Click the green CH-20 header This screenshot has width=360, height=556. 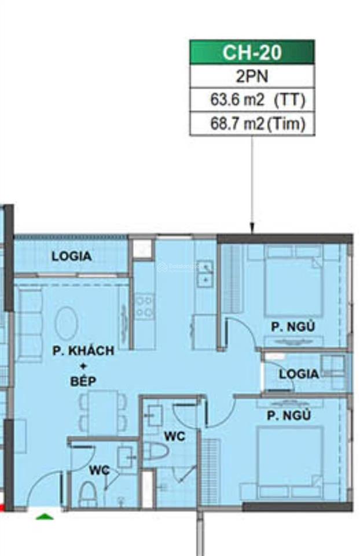point(252,52)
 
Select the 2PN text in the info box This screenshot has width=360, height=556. point(252,76)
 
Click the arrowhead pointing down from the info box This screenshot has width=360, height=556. point(252,229)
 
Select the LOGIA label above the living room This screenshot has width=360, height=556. point(71,256)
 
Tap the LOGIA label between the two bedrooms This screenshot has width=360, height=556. point(299,374)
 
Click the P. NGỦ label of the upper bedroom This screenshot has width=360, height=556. point(293,327)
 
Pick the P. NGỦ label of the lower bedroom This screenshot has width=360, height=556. point(289,415)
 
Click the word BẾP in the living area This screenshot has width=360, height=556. point(83,381)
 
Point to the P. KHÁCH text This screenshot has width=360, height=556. point(83,351)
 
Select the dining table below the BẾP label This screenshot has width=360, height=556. point(102,412)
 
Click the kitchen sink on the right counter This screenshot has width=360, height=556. point(204,273)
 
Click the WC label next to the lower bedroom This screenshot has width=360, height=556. point(174,436)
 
